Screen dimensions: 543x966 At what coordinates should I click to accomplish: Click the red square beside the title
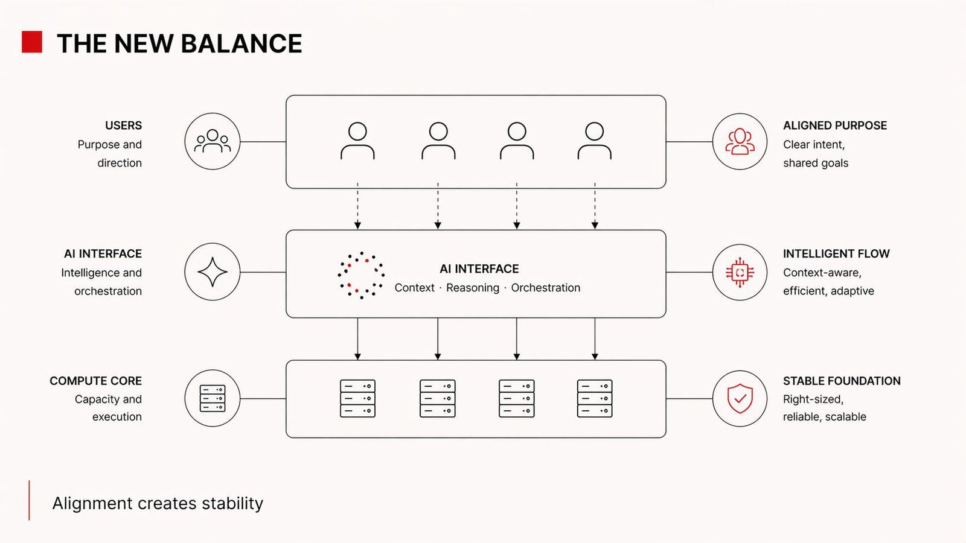coord(32,42)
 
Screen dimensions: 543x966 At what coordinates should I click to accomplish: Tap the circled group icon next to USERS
coord(213,141)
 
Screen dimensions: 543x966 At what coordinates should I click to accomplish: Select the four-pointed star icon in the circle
coord(213,272)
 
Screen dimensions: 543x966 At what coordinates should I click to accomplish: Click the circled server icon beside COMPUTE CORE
coord(213,398)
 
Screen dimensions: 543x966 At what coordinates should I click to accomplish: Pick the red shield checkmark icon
coord(740,398)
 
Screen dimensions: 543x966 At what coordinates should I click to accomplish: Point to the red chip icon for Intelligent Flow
coord(740,272)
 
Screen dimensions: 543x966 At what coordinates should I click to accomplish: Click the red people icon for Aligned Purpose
coord(740,141)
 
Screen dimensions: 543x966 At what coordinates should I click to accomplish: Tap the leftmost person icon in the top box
coord(357,141)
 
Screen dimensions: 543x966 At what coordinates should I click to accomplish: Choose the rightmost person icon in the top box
coord(595,141)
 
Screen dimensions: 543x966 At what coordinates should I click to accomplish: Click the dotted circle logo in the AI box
coord(361,275)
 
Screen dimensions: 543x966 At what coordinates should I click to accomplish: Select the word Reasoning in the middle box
coord(473,288)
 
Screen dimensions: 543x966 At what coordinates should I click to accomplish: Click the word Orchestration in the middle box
coord(546,288)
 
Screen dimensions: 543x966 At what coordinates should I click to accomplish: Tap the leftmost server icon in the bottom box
coord(357,398)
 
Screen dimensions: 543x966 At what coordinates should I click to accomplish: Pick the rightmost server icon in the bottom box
coord(595,398)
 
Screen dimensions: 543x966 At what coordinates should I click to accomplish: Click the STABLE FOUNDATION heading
coord(842,381)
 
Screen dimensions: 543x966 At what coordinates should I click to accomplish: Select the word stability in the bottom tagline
coord(232,503)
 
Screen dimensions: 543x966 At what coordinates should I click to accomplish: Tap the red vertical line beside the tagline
coord(29,500)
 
